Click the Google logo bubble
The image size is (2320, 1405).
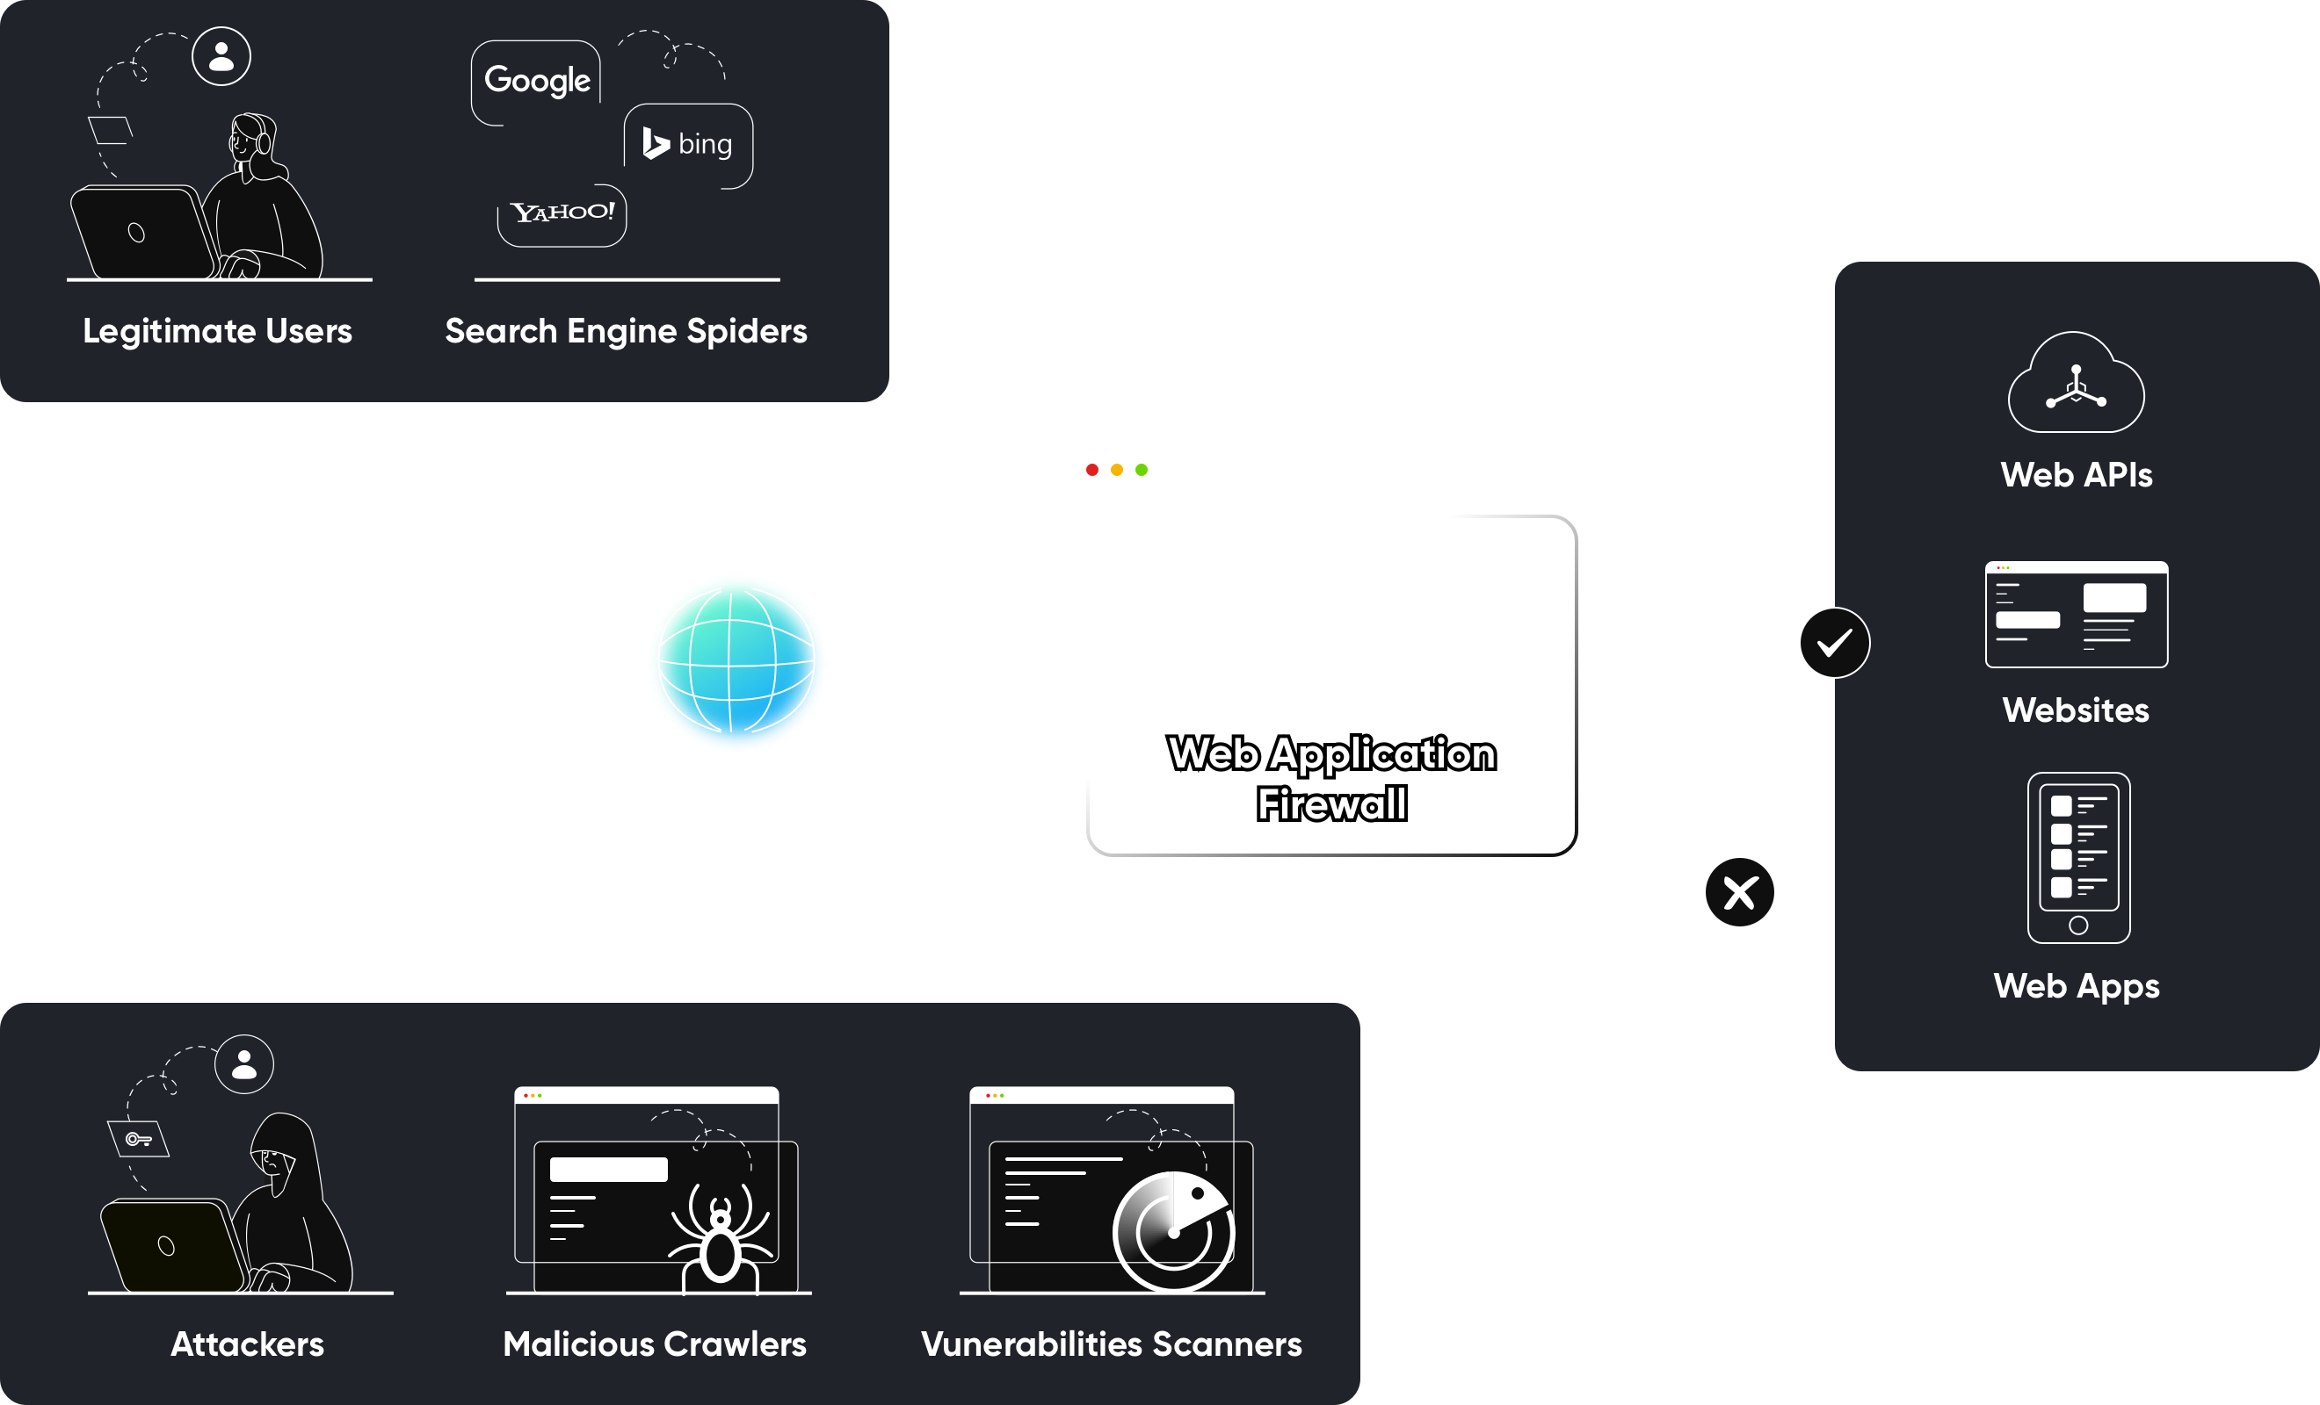(x=537, y=81)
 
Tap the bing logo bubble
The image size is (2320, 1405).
(x=687, y=144)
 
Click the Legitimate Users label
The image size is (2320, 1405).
(x=218, y=331)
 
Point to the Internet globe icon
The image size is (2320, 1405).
(x=736, y=661)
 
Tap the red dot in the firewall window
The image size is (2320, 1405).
(x=1092, y=470)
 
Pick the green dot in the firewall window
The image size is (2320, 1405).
(x=1142, y=470)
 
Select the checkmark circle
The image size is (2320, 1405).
(x=1833, y=643)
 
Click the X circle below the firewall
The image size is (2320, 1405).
(x=1739, y=892)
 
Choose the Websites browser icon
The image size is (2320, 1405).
(x=2076, y=615)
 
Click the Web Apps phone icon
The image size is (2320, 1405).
(x=2078, y=857)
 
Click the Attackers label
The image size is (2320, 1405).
(x=247, y=1344)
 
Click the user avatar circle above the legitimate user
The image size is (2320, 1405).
(x=221, y=56)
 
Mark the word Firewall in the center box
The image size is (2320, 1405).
(x=1331, y=804)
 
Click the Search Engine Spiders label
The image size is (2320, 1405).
(x=626, y=331)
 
